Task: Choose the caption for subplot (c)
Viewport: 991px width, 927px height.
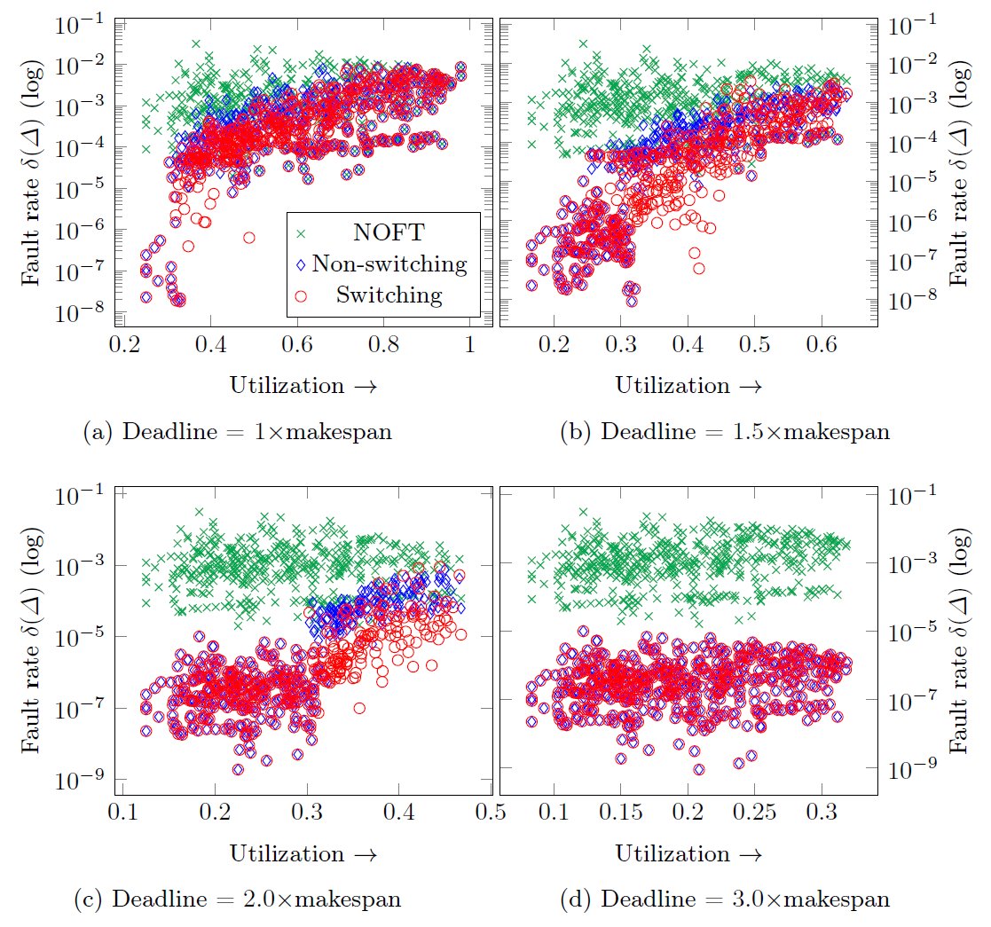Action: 237,899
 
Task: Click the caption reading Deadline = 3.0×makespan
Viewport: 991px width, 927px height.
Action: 725,899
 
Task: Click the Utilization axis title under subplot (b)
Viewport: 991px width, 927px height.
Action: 688,386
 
